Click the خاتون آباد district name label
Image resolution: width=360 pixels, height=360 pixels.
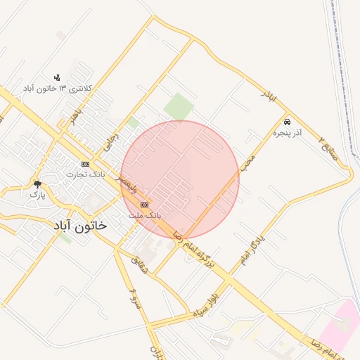(x=80, y=225)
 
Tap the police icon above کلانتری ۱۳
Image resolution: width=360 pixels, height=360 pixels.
(x=57, y=77)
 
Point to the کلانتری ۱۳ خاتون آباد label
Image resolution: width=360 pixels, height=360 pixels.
(x=58, y=88)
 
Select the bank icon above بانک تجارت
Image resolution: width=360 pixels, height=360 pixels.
(x=86, y=163)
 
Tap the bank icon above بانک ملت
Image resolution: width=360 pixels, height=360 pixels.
(x=145, y=204)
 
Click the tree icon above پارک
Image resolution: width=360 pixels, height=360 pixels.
(x=37, y=184)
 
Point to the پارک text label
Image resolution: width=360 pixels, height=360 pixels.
(x=37, y=195)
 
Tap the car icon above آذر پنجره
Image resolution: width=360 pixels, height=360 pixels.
(x=287, y=121)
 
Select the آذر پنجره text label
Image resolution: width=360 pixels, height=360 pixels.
(x=288, y=131)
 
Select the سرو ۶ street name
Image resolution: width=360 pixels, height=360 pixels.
(x=134, y=297)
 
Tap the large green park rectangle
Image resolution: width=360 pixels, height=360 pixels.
(x=179, y=106)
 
